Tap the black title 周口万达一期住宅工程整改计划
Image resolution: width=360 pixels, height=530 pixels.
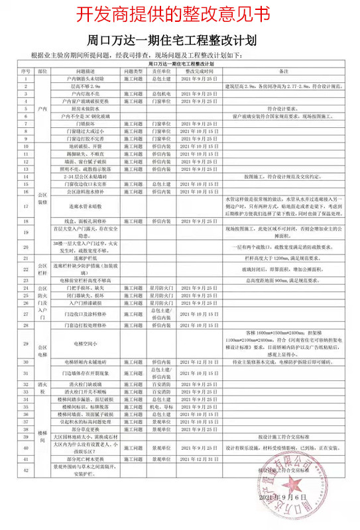[x=179, y=41]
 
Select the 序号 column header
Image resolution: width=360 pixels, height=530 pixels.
[x=25, y=71]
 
